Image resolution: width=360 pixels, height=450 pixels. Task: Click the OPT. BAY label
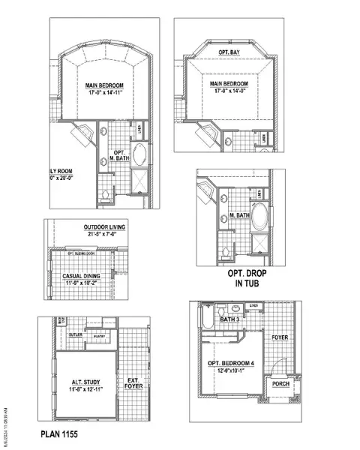click(x=229, y=52)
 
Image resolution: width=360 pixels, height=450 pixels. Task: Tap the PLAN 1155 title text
click(x=59, y=434)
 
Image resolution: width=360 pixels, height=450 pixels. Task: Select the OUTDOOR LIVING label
click(x=105, y=226)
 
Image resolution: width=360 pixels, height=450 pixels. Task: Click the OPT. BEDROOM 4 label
click(x=232, y=364)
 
